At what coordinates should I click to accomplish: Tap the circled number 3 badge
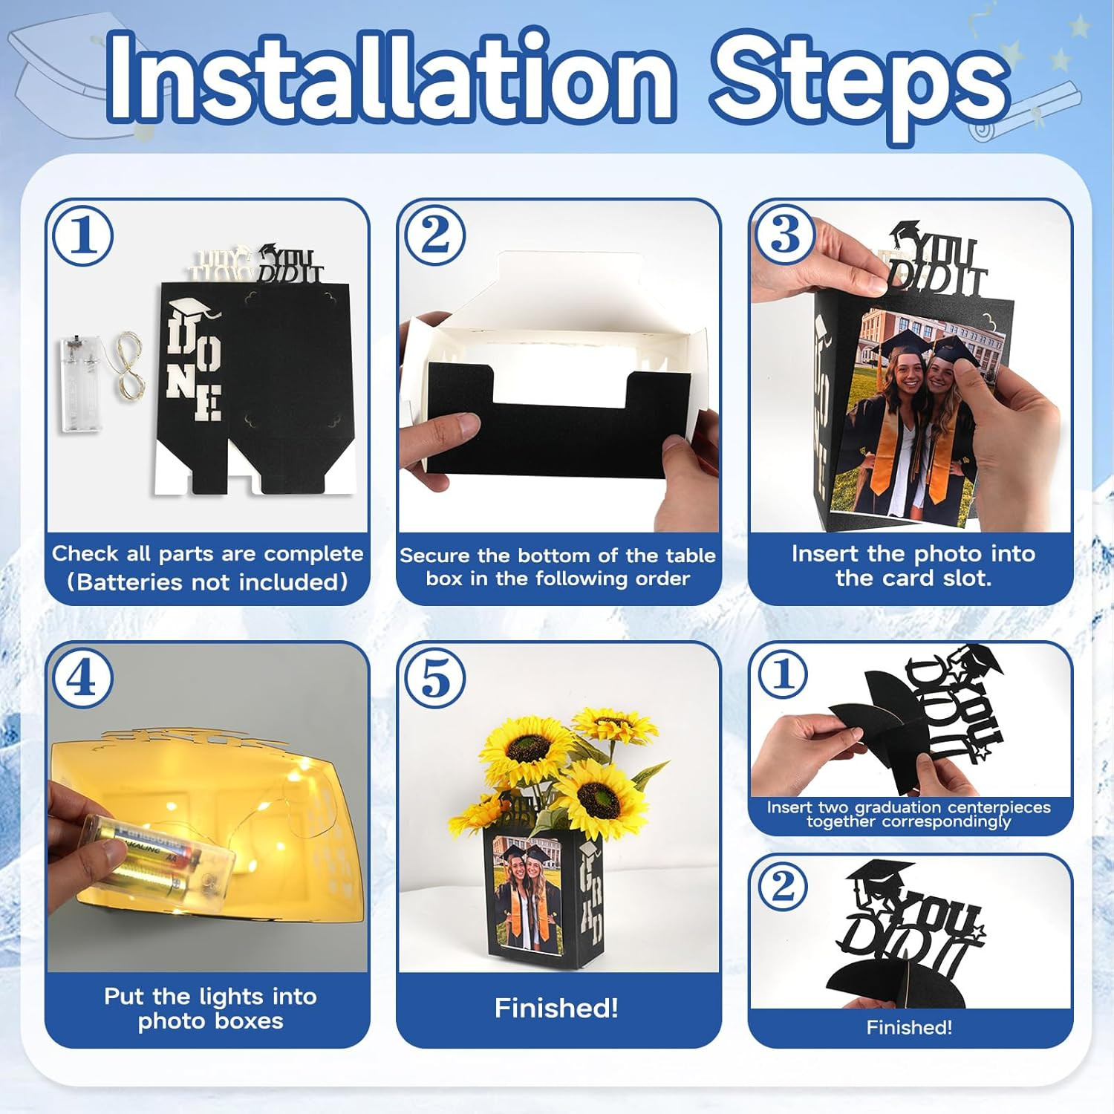[x=784, y=236]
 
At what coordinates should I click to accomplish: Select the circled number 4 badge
[x=82, y=679]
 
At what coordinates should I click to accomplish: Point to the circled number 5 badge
[x=434, y=679]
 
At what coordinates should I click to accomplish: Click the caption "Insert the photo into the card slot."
[x=913, y=565]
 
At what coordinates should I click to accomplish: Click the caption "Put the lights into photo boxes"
[x=210, y=1008]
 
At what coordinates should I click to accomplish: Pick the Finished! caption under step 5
[x=556, y=1008]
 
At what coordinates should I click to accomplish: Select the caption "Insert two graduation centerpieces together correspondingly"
[x=909, y=814]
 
